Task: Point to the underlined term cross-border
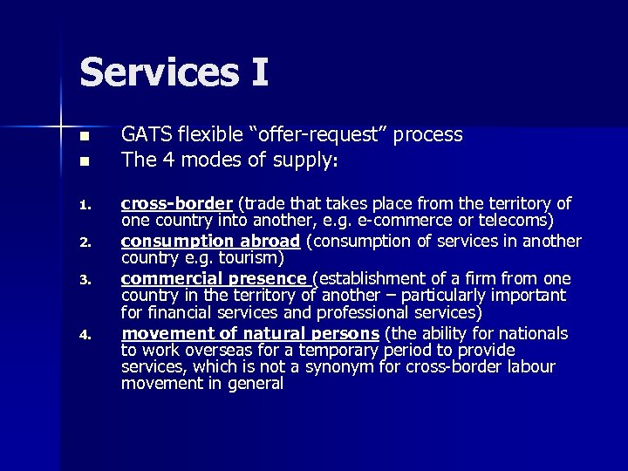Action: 177,203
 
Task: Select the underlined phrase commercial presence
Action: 215,278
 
